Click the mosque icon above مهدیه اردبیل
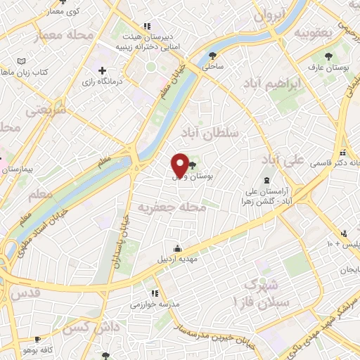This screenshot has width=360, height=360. [x=177, y=247]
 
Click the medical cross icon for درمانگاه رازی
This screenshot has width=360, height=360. [x=103, y=71]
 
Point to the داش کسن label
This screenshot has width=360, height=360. [x=82, y=328]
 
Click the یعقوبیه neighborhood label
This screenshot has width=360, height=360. [x=313, y=32]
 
